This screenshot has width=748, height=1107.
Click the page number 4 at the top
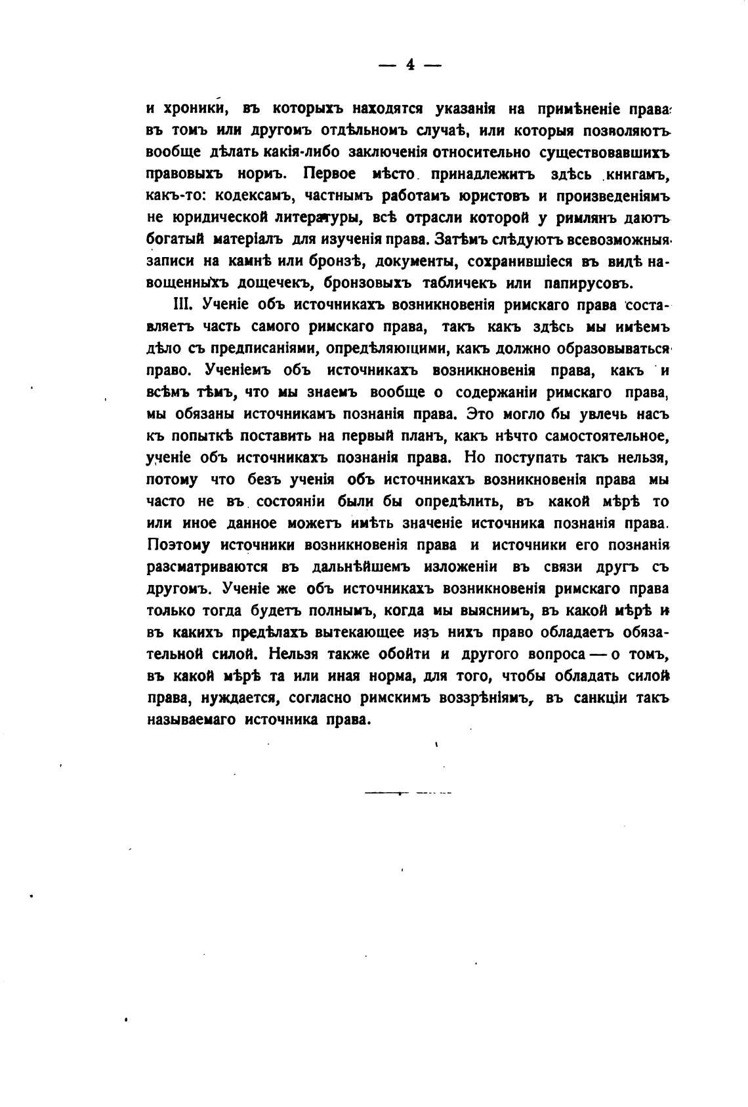click(x=411, y=64)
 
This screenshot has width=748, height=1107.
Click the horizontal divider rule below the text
click(x=407, y=794)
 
